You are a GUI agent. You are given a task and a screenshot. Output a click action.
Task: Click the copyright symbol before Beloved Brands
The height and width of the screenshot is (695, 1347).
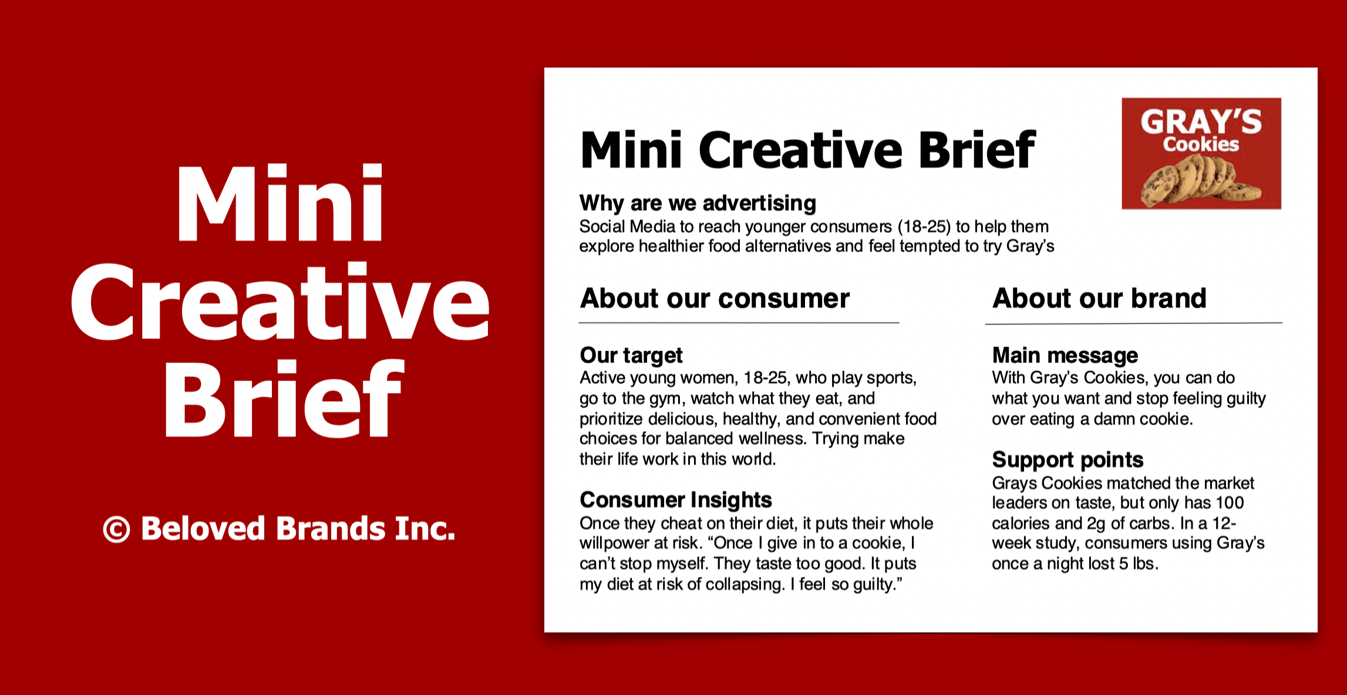116,529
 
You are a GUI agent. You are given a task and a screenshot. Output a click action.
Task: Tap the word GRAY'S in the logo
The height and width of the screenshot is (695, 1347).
1201,122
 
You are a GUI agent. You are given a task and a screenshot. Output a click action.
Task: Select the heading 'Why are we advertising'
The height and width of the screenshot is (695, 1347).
698,203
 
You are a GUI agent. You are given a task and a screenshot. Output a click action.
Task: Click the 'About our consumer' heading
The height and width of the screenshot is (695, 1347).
715,298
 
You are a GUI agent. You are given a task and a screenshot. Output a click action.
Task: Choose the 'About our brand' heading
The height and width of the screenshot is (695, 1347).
1099,298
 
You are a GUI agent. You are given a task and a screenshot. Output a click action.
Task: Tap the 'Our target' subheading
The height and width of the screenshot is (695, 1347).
631,355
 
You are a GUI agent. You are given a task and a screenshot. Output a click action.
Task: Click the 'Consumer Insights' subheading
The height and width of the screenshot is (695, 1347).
675,500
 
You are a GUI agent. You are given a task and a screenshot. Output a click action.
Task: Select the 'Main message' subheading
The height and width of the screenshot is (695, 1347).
1065,355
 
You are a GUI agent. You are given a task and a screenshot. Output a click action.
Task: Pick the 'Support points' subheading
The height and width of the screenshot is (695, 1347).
1068,460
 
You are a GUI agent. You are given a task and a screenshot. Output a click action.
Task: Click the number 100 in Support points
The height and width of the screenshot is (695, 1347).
1230,503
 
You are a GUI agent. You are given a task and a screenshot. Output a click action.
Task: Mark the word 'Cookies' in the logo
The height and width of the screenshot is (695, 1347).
1201,144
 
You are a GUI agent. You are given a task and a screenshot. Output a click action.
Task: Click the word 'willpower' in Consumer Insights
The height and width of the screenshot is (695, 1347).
617,544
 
